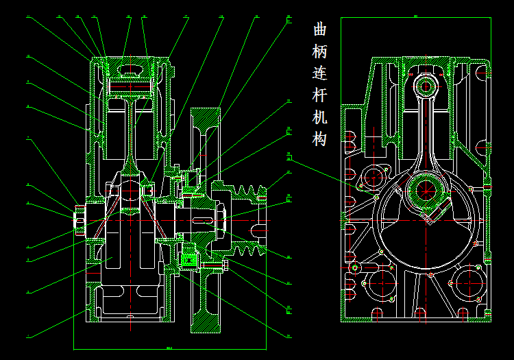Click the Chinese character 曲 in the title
319,29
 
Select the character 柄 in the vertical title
319,51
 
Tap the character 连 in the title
319,73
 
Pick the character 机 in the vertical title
319,117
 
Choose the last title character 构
319,139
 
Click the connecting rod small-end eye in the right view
425,86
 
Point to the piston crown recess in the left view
130,69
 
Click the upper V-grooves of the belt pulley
249,191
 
